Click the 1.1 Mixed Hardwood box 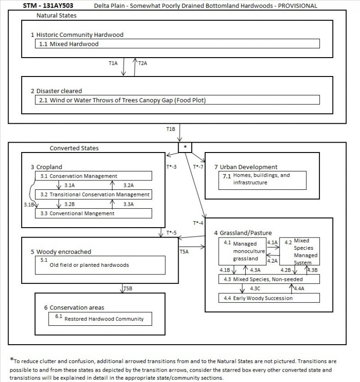pos(177,44)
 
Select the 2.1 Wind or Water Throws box pos(177,100)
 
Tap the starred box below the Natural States pos(185,147)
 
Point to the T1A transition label pos(113,63)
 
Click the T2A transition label pos(143,63)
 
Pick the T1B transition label pos(170,129)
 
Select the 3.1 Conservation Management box pos(93,176)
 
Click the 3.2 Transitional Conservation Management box pos(93,194)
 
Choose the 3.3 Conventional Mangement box pos(93,213)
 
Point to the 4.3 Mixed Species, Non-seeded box pos(269,279)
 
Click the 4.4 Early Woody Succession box pos(269,298)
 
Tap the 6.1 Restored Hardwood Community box pos(100,319)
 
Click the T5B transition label pos(128,288)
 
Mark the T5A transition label pos(184,252)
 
